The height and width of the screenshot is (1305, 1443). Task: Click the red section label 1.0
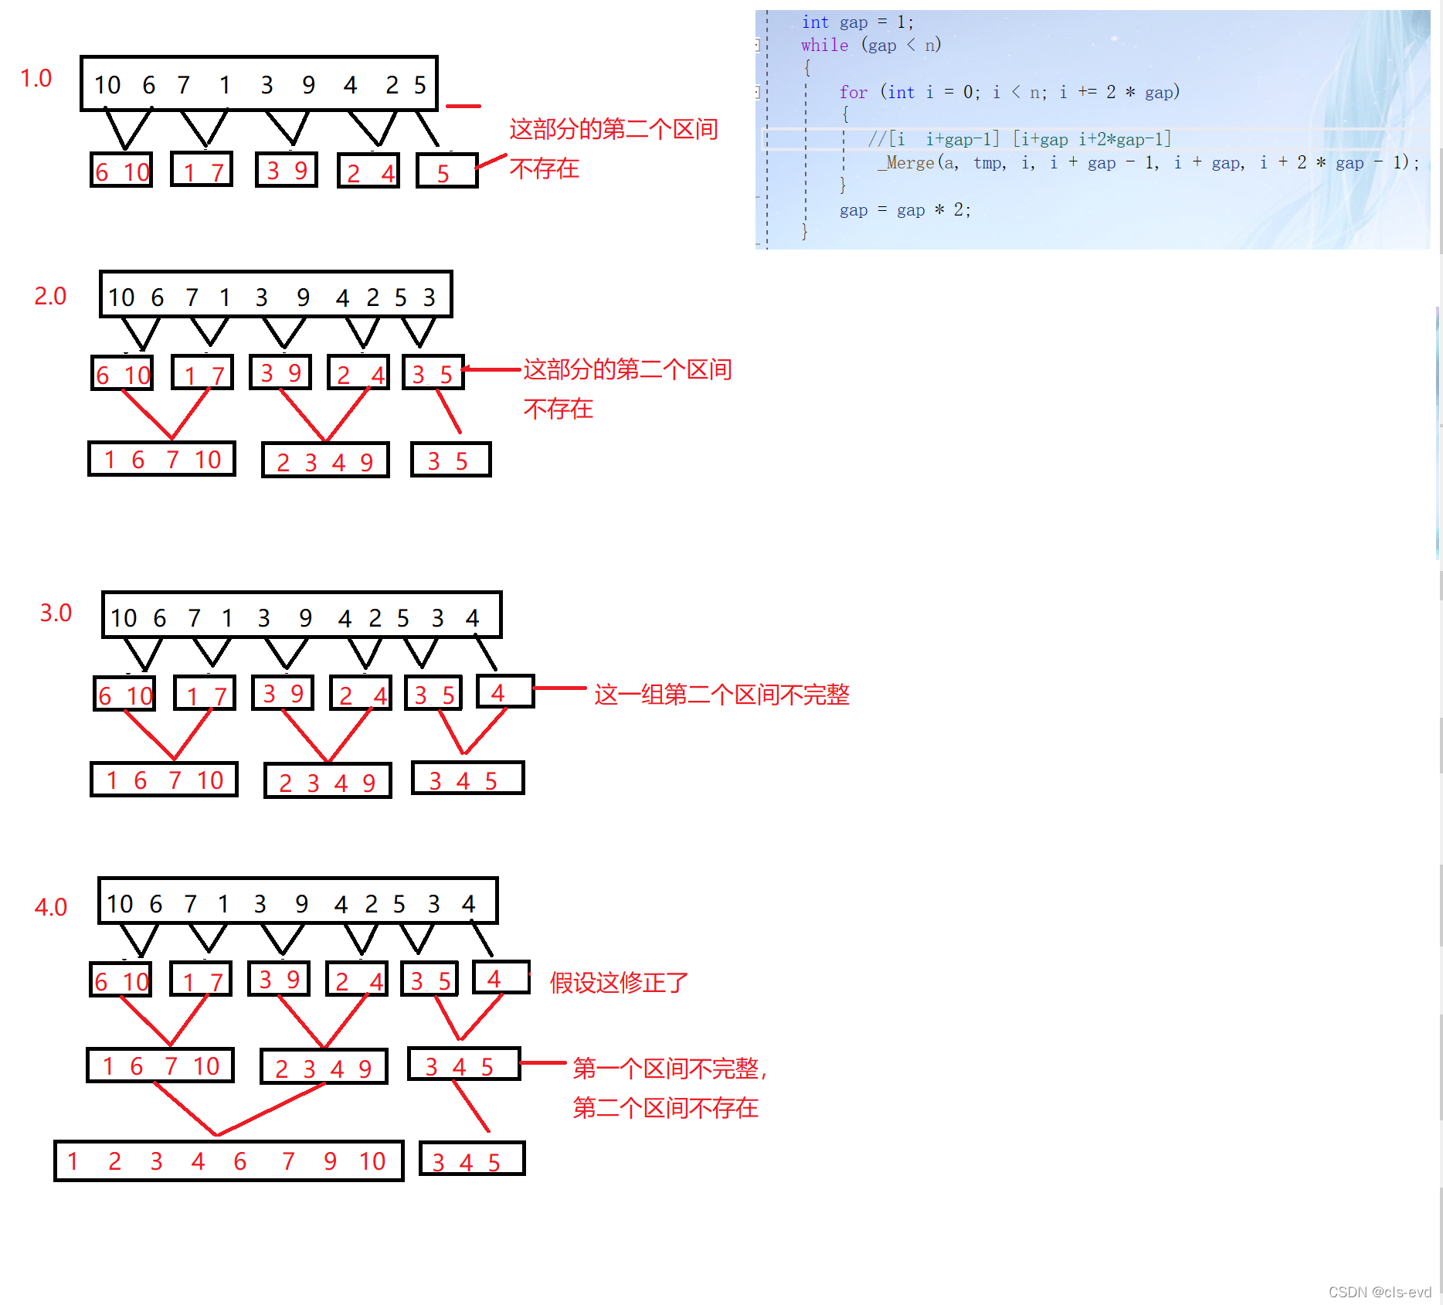pyautogui.click(x=36, y=78)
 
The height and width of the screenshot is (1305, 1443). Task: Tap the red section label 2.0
pyautogui.click(x=50, y=296)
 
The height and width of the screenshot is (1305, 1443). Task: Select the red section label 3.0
pyautogui.click(x=56, y=613)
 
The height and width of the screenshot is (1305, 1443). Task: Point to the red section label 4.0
pyautogui.click(x=51, y=907)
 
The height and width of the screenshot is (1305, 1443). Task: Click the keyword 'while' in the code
pyautogui.click(x=824, y=45)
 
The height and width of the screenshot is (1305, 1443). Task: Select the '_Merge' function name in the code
pyautogui.click(x=905, y=162)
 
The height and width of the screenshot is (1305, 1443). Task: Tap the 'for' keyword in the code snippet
pyautogui.click(x=853, y=92)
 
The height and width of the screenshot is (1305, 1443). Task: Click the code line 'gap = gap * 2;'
pyautogui.click(x=905, y=210)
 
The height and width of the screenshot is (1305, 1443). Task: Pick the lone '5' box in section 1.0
pyautogui.click(x=446, y=172)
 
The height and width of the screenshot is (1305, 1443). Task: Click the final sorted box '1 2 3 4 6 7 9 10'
pyautogui.click(x=229, y=1161)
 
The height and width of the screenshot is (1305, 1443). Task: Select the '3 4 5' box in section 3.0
pyautogui.click(x=467, y=779)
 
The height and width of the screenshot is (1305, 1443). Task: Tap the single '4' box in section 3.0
pyautogui.click(x=504, y=692)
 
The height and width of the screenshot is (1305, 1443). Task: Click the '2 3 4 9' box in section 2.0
pyautogui.click(x=325, y=460)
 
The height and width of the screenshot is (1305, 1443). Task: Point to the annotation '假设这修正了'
pyautogui.click(x=619, y=983)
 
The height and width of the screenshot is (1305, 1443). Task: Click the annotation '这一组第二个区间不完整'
pyautogui.click(x=721, y=695)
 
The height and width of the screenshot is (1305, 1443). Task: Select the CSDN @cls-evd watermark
pyautogui.click(x=1380, y=1292)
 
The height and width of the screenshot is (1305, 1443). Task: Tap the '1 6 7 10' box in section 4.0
pyautogui.click(x=161, y=1065)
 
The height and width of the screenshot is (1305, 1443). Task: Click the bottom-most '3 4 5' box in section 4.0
pyautogui.click(x=472, y=1159)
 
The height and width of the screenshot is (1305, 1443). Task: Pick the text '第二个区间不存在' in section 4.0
pyautogui.click(x=665, y=1108)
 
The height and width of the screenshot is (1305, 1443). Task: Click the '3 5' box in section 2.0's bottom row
pyautogui.click(x=450, y=460)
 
